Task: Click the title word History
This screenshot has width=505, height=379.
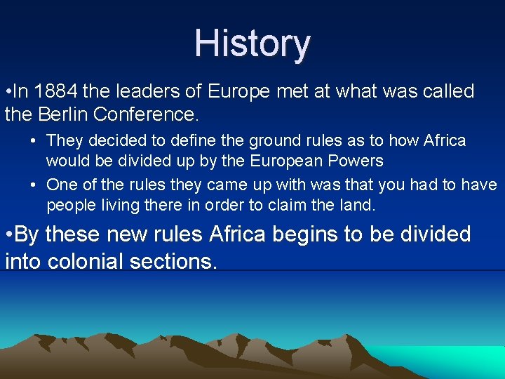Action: coord(252,44)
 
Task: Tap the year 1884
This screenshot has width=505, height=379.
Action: coord(57,91)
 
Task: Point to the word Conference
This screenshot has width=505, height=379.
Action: coord(159,114)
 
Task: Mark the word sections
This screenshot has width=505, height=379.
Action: coord(179,261)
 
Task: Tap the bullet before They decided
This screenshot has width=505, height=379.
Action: coord(34,140)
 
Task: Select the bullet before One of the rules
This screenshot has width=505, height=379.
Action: coord(34,185)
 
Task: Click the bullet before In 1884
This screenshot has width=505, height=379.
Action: coord(8,91)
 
